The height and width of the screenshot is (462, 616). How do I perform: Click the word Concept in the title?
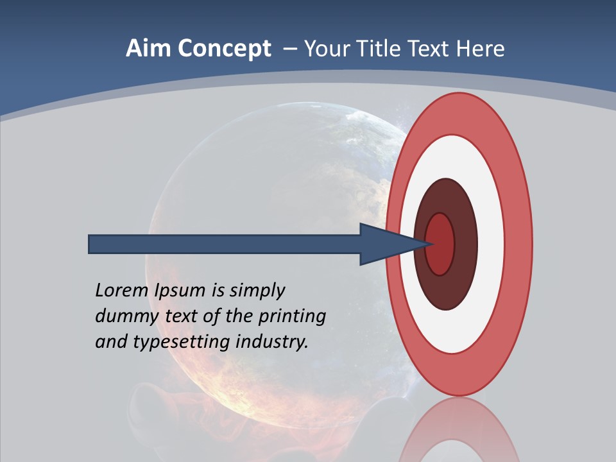pyautogui.click(x=225, y=49)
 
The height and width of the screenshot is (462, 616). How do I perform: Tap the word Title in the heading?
pyautogui.click(x=379, y=49)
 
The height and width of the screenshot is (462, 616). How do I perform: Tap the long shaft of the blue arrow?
pyautogui.click(x=225, y=244)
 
